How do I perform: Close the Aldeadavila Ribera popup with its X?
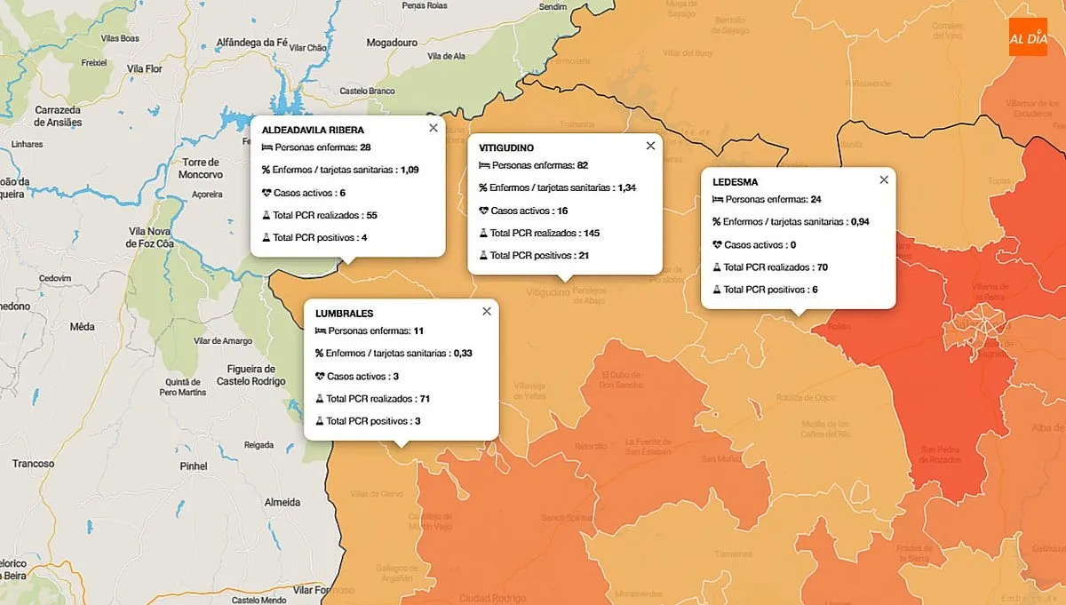[434, 128]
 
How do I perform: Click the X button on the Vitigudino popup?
[650, 146]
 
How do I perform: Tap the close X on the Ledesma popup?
[884, 179]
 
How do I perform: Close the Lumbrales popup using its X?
[487, 311]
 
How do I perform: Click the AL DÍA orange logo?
[1028, 36]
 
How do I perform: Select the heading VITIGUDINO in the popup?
[506, 147]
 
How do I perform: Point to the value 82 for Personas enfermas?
[583, 165]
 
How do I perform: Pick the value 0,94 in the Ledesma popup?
[860, 222]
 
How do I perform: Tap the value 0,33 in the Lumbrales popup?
[463, 353]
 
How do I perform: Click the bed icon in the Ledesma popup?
[718, 199]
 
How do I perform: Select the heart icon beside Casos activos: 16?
[484, 211]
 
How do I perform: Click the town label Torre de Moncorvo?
[200, 168]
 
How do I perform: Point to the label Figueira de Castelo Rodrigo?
[251, 375]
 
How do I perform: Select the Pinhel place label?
[193, 466]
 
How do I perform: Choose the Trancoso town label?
[34, 463]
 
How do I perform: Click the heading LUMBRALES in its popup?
[345, 314]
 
